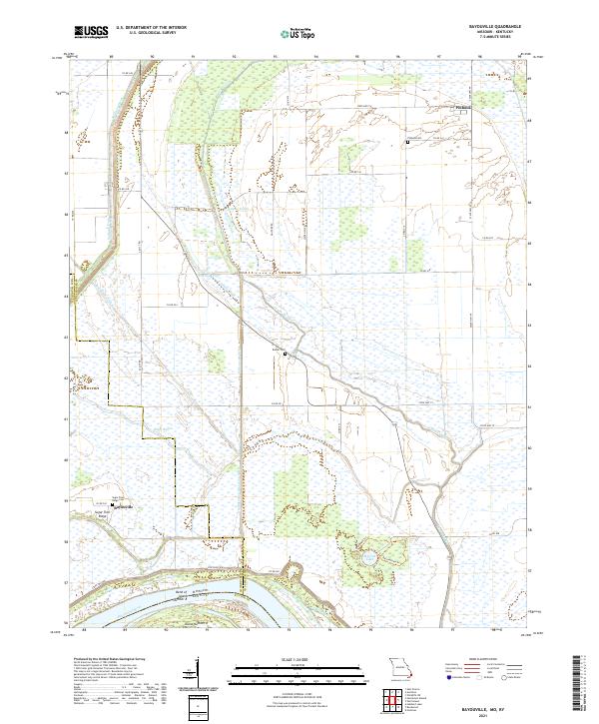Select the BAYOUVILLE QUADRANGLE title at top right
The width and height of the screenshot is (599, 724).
[493, 27]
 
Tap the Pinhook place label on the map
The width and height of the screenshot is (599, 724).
[462, 107]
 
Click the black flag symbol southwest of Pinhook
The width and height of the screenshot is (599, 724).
[408, 143]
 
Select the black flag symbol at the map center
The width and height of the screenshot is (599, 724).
[286, 354]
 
